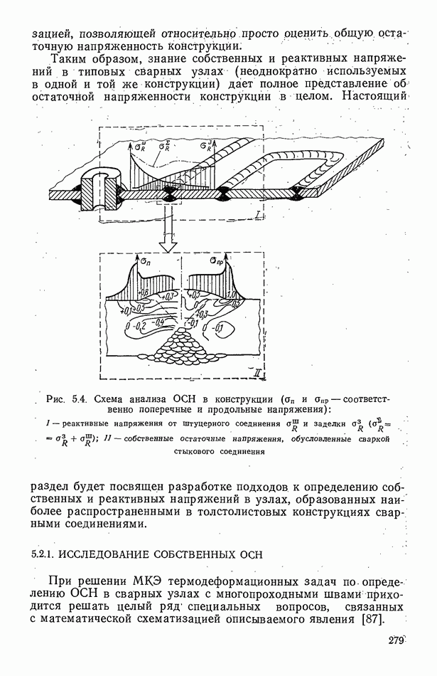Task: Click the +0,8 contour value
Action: coord(144,292)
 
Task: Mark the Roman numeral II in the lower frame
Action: coord(258,372)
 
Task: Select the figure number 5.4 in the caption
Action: coord(79,399)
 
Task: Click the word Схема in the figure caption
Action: coord(109,399)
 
